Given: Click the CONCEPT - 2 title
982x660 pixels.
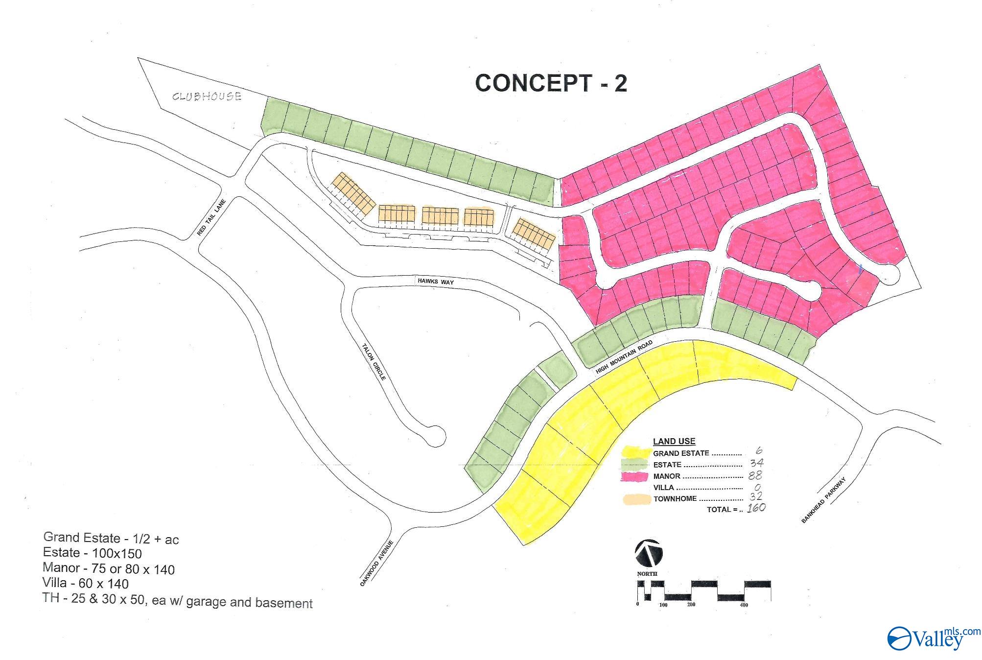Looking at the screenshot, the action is click(x=551, y=83).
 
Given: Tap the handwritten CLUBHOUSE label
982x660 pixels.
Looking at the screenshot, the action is click(x=207, y=95).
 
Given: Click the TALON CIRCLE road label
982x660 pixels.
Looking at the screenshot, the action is click(x=374, y=361).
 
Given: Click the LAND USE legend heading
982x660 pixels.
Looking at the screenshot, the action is click(x=674, y=441).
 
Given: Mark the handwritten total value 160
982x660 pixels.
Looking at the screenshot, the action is click(x=756, y=508).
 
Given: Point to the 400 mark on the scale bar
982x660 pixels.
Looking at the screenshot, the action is click(x=744, y=605).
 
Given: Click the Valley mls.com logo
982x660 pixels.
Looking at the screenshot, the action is click(x=934, y=638).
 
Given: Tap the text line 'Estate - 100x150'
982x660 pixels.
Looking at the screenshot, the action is click(x=93, y=553).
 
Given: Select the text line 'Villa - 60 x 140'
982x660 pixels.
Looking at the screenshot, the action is click(x=86, y=583).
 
